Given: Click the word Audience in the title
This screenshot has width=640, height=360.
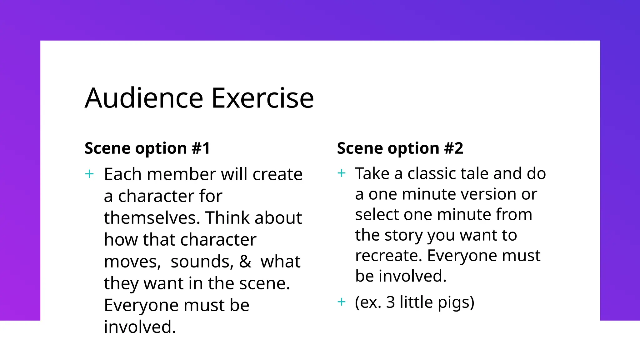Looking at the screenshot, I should tap(144, 98).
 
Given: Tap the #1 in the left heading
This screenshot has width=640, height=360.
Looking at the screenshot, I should tap(201, 148).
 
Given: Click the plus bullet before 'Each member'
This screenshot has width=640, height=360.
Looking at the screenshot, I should tap(89, 174).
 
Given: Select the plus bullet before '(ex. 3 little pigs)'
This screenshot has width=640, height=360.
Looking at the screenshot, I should tap(342, 302).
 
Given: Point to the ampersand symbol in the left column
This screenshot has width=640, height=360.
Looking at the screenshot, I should tap(245, 262).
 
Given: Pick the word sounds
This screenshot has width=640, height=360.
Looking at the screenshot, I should tap(202, 262).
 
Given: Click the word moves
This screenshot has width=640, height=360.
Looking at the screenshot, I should tap(132, 262).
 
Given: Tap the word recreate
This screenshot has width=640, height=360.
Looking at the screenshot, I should tap(388, 256).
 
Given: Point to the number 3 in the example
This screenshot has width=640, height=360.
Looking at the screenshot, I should tap(390, 302).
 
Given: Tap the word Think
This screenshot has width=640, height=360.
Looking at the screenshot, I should tap(226, 218).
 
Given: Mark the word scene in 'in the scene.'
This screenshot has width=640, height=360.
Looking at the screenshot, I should tap(264, 283).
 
